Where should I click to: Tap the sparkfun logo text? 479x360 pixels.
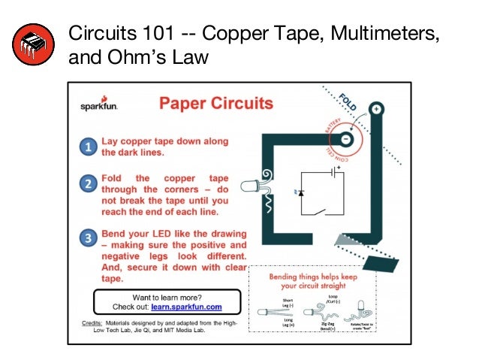(x=99, y=106)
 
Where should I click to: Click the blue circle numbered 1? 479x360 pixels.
(x=89, y=147)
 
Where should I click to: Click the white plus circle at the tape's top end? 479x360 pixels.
(x=376, y=108)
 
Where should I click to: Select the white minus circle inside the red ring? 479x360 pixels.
(x=345, y=140)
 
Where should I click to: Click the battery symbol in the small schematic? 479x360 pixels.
(x=331, y=172)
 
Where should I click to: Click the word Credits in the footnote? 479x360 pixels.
(x=91, y=321)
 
